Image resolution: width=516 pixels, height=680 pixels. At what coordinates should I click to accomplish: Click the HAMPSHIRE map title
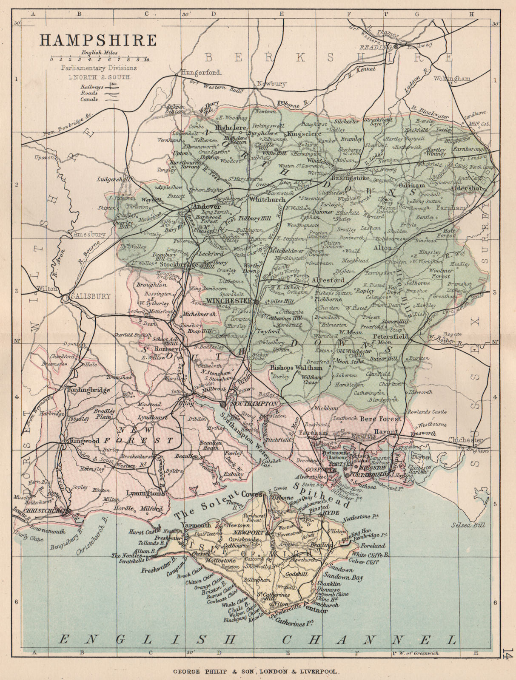point(98,40)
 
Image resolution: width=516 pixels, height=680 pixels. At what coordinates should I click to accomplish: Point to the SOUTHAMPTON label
point(254,404)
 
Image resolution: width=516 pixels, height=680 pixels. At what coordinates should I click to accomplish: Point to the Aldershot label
point(466,188)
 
